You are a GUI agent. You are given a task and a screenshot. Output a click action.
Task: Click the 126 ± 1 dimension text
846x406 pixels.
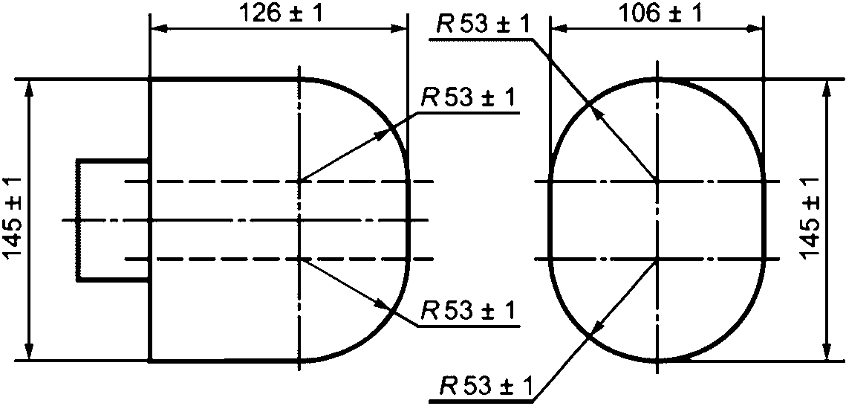click(279, 13)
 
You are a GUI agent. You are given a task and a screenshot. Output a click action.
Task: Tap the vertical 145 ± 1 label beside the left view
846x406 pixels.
click(16, 219)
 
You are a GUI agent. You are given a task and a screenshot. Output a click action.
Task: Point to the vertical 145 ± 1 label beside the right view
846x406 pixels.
click(811, 219)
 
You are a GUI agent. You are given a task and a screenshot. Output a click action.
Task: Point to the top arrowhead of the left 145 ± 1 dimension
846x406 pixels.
click(29, 85)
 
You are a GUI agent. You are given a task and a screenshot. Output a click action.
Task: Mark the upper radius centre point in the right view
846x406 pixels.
click(657, 181)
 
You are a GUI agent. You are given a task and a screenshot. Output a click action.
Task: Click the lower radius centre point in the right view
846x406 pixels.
click(657, 260)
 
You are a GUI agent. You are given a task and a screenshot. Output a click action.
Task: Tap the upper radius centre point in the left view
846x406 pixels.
click(299, 181)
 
